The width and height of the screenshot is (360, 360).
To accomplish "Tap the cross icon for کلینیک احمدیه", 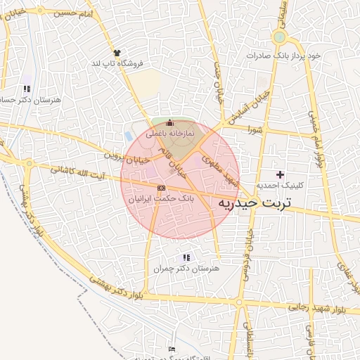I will (281, 174).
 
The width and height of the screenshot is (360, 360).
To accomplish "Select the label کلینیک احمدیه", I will (282, 186).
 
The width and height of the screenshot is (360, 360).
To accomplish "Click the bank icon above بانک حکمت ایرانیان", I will (161, 188).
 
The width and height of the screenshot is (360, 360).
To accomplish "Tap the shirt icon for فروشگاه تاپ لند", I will (117, 52).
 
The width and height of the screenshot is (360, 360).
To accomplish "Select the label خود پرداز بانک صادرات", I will (288, 56).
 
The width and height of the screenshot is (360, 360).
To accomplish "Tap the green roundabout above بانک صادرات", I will (279, 37).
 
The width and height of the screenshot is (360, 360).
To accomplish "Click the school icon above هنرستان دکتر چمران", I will (186, 257).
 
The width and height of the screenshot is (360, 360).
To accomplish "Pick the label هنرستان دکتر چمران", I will (186, 269).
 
